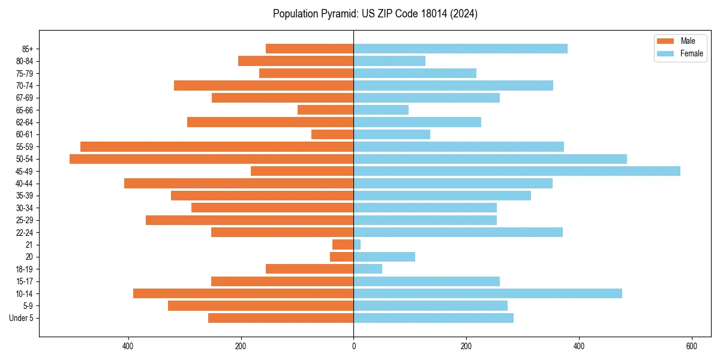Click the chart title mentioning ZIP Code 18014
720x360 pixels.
[375, 14]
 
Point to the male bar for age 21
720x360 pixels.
[343, 245]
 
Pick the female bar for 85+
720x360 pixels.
[460, 49]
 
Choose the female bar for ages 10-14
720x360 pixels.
[487, 293]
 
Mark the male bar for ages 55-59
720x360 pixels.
[217, 146]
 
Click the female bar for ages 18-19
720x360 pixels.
[368, 269]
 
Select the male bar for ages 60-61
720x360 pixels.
[332, 134]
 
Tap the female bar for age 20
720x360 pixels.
[384, 257]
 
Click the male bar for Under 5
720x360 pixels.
[281, 318]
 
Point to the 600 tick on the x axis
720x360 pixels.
[691, 346]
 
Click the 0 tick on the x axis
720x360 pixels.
[353, 346]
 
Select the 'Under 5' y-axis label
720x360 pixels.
[22, 318]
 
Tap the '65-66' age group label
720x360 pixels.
[25, 110]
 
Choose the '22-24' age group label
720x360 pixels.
[25, 232]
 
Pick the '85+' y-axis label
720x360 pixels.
[28, 49]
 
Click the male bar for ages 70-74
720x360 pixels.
[263, 85]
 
